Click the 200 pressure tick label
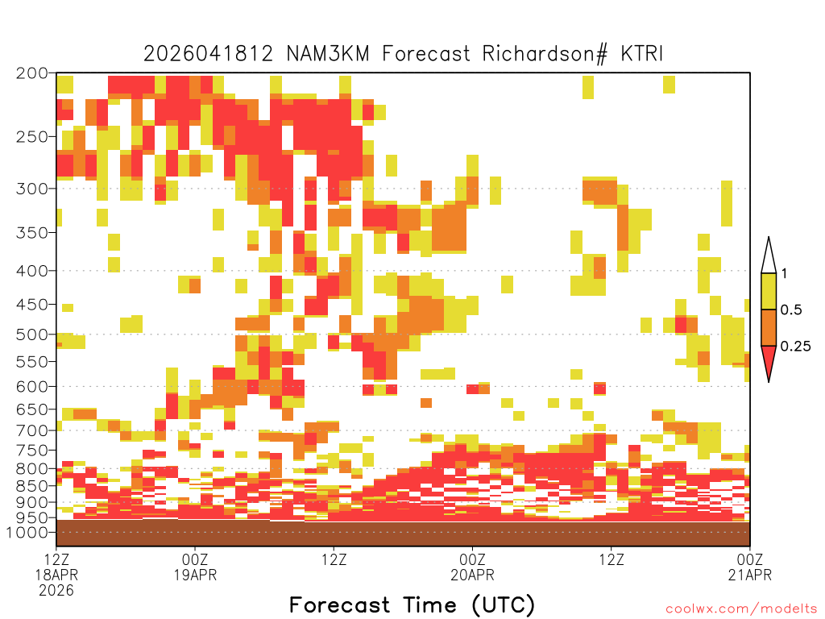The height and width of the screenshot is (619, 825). pos(32,73)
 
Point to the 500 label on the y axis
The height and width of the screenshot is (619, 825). pos(32,334)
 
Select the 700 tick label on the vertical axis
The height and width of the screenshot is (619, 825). pos(32,430)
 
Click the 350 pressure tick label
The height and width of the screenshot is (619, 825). pos(32,233)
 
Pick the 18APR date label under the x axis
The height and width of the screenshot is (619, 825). pos(56,575)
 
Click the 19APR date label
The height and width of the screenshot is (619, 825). pos(195,575)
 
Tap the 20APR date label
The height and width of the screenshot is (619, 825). pos(472,575)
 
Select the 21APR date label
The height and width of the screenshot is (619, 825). pos(750,575)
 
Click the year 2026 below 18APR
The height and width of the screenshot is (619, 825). pos(56,591)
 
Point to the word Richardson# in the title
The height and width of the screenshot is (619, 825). pos(545,54)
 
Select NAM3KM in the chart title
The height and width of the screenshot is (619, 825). pos(329,54)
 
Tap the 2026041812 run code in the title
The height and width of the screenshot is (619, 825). pos(209,54)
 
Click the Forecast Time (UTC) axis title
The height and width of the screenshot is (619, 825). pos(412,604)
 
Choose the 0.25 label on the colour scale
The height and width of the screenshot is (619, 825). pos(795,347)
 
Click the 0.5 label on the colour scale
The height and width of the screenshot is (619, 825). pos(791,310)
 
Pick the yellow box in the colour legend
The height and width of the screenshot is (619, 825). pos(769,291)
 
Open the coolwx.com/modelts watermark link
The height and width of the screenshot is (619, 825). pos(741,609)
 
